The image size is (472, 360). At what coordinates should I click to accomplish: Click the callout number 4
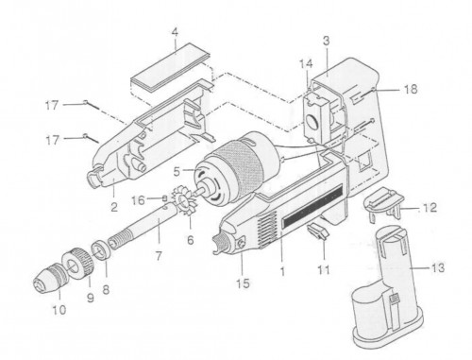175,32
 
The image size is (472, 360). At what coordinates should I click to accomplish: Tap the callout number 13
437,268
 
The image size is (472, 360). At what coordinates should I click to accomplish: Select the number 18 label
411,90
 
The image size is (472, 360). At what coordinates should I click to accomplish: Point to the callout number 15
243,283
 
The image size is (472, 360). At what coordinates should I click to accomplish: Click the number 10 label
59,310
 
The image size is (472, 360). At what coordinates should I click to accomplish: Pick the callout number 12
430,208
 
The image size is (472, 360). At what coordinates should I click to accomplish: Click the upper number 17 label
52,105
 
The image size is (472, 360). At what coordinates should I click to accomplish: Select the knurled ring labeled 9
77,263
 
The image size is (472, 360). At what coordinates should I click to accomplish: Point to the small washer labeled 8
102,249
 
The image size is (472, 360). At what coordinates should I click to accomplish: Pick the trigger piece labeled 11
318,231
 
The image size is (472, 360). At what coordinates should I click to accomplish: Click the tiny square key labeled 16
164,197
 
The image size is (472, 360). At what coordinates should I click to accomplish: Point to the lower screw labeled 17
92,139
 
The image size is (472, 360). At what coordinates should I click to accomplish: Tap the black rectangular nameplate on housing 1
313,207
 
